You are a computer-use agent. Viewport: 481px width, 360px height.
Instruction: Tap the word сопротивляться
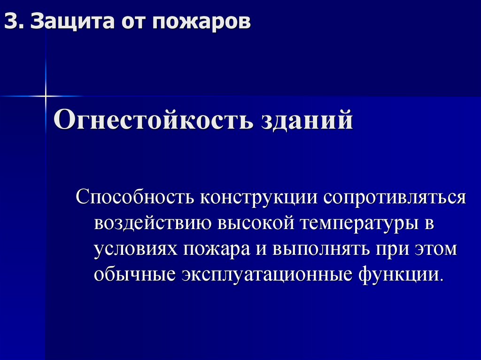click(394, 197)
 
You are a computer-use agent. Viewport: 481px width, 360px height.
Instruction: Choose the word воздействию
click(152, 223)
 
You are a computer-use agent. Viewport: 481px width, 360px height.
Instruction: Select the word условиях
click(135, 249)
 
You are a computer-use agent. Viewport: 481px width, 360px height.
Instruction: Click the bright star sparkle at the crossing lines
click(46, 96)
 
